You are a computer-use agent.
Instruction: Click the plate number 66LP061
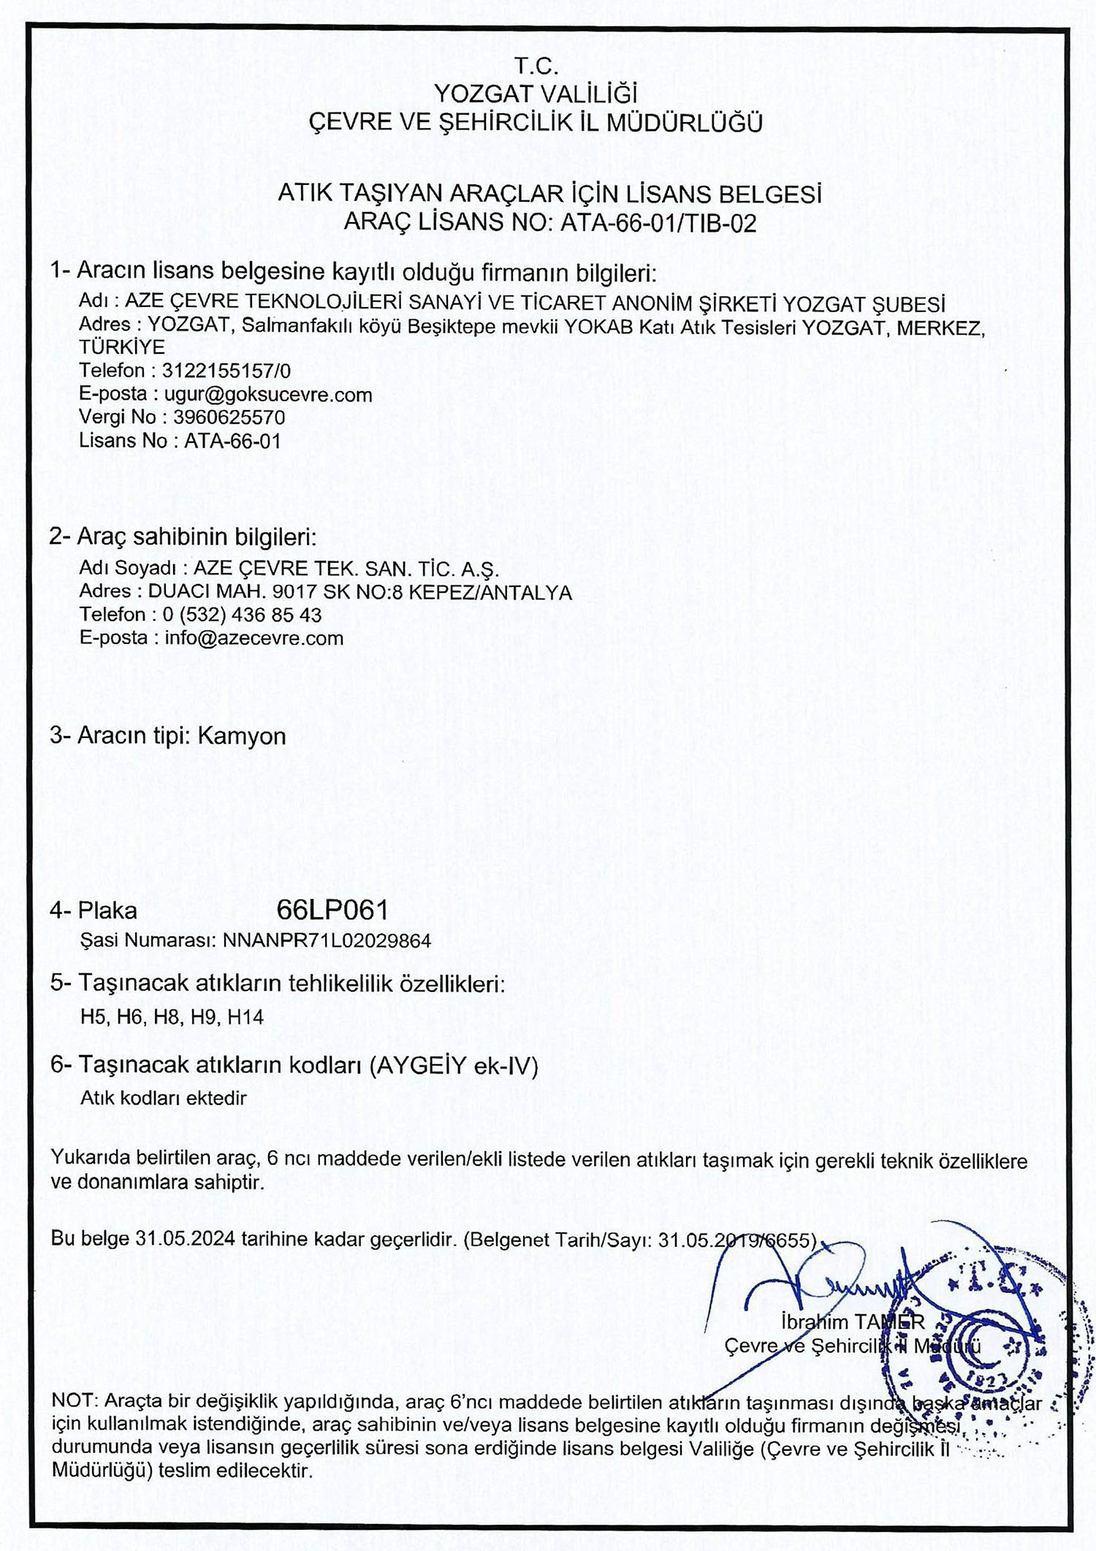(x=332, y=910)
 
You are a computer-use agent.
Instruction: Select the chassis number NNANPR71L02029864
(x=327, y=940)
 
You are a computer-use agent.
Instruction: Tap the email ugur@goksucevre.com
(x=268, y=395)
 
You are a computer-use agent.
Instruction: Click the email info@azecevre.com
(x=254, y=638)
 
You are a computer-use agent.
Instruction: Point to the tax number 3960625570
(x=229, y=417)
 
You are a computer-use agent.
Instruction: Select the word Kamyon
(x=242, y=735)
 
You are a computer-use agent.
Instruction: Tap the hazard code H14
(x=246, y=1017)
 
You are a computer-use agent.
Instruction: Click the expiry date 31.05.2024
(x=186, y=1239)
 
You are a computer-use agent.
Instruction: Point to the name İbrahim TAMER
(x=853, y=1321)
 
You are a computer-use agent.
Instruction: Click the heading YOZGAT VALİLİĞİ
(x=536, y=94)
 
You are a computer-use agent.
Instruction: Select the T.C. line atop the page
(x=536, y=67)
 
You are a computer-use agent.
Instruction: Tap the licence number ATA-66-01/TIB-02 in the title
(x=658, y=222)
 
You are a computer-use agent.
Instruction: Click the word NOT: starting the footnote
(x=75, y=1402)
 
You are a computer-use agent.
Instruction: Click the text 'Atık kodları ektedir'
(x=163, y=1098)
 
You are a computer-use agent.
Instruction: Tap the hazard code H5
(x=94, y=1017)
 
